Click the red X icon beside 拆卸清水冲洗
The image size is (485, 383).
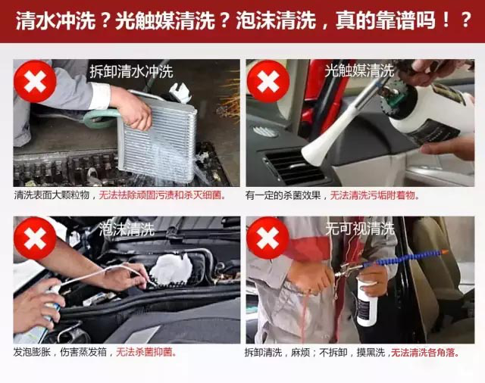(35, 82)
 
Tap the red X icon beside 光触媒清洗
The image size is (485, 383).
(268, 82)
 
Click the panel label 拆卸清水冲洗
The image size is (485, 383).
(131, 72)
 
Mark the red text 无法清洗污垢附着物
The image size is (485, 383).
(374, 195)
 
